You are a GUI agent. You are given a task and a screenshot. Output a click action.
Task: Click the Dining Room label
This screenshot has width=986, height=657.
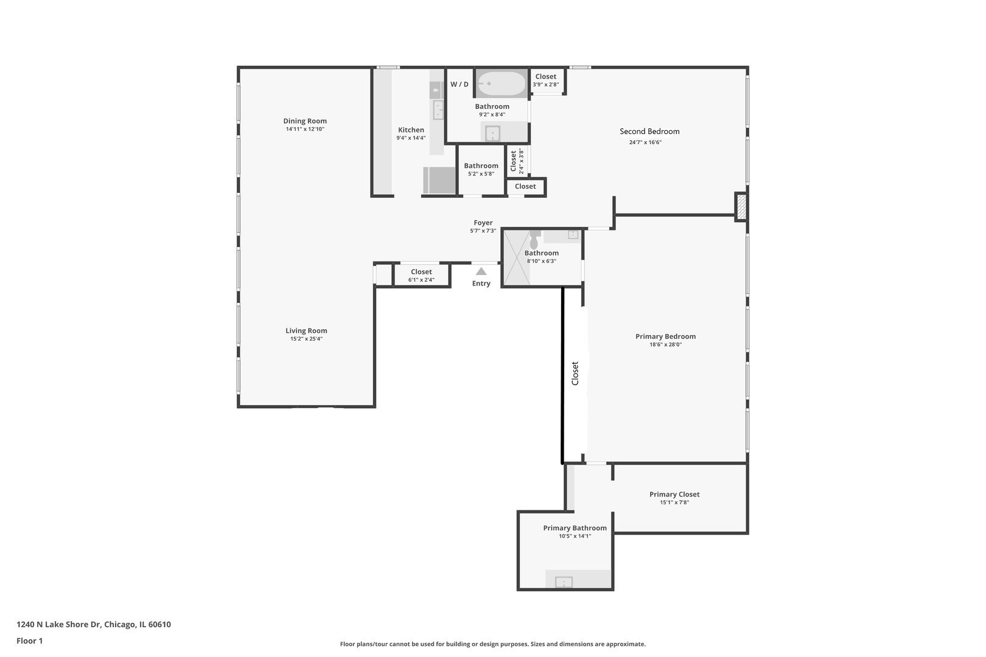click(304, 121)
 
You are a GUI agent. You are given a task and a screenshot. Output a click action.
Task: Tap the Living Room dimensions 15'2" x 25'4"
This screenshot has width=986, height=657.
click(306, 339)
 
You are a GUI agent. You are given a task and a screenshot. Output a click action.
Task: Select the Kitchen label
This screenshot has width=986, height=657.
click(411, 130)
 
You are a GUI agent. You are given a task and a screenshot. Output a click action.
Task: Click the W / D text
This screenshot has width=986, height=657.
click(459, 84)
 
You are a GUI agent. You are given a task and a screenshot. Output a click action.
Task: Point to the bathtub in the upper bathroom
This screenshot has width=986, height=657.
click(502, 83)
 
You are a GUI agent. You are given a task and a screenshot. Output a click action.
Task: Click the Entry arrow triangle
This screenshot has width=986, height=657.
click(481, 271)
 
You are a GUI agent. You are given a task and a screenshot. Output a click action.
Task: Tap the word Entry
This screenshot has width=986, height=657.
click(481, 283)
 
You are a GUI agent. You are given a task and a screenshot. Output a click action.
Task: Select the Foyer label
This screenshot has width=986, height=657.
click(483, 223)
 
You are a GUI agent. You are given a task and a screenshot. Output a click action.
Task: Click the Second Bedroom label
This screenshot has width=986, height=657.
click(649, 131)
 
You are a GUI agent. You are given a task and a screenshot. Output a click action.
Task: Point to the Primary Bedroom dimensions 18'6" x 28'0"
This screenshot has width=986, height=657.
click(666, 344)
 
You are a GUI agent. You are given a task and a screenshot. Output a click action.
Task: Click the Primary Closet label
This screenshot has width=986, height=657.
click(674, 494)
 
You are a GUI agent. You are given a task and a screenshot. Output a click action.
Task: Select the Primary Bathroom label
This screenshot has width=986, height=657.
click(575, 528)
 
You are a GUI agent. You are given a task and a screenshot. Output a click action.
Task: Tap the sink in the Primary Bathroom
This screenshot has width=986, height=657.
click(564, 582)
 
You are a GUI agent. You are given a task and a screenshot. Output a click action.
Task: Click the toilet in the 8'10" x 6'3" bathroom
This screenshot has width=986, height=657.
click(534, 240)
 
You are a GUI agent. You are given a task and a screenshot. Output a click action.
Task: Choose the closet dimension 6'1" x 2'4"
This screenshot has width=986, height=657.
click(421, 280)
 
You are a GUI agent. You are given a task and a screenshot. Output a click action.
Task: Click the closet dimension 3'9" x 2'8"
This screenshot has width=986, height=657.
click(546, 85)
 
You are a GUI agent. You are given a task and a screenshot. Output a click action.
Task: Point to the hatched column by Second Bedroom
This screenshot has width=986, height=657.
click(741, 207)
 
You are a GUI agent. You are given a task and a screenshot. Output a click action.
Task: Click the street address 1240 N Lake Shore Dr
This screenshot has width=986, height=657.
click(59, 624)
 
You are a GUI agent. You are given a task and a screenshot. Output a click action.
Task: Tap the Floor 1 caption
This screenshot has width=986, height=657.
click(29, 641)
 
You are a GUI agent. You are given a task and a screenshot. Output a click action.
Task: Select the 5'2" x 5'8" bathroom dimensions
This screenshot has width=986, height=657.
click(481, 174)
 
